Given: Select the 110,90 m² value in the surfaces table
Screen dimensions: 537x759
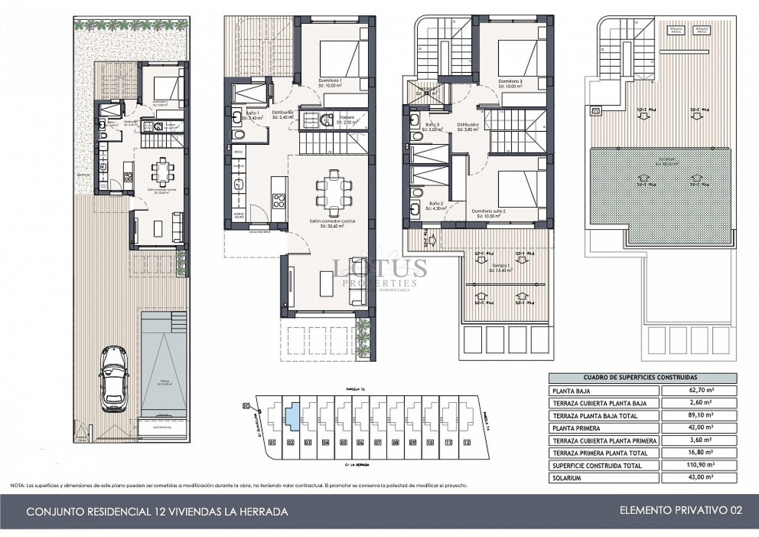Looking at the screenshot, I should coord(699,465).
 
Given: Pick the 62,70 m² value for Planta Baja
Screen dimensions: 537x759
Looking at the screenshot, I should coord(699,391).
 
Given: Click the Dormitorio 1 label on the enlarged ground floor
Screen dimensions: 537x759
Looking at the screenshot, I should coord(330,81).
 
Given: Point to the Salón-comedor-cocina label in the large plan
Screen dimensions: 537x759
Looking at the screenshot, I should coord(332,221).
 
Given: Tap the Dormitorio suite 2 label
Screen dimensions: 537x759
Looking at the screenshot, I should coord(488,211).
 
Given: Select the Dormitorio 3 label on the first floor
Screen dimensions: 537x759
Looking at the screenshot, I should coord(510,82).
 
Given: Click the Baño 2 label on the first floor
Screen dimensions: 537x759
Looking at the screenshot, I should coord(434,203).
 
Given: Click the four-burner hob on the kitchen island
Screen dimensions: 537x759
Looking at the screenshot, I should coord(279,201).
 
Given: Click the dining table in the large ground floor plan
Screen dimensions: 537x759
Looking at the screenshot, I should coord(334,192).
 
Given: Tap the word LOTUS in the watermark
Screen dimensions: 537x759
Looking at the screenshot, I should coord(379,268).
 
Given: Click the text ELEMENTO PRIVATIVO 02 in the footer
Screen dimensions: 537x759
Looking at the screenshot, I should coord(680,510).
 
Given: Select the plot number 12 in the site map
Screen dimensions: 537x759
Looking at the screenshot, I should coord(467,442).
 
